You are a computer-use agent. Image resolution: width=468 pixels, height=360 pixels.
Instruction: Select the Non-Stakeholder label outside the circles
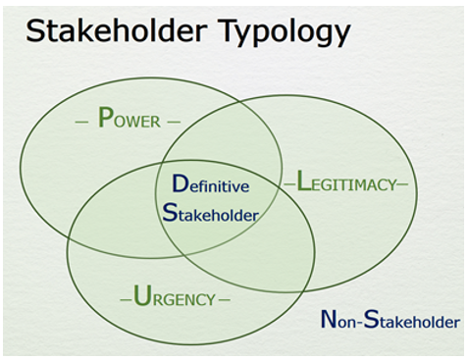point(390,320)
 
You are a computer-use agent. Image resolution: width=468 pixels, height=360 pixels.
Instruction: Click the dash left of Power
point(81,122)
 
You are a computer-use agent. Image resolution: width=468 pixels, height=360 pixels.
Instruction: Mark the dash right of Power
point(174,122)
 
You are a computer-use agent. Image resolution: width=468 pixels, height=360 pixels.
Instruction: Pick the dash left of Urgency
point(125,298)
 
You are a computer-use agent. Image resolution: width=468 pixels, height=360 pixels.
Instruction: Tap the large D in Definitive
point(180,184)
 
